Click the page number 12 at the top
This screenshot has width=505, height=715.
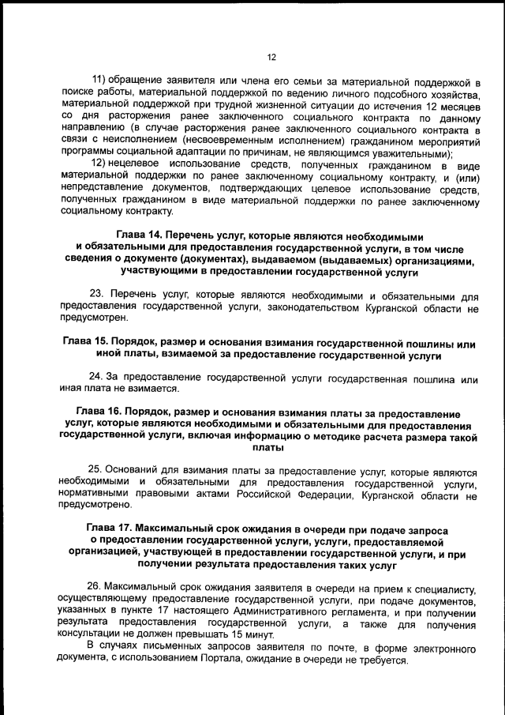(x=271, y=57)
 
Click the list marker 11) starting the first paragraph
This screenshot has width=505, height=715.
(x=100, y=81)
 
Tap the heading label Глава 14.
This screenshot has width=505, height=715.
(x=141, y=236)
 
